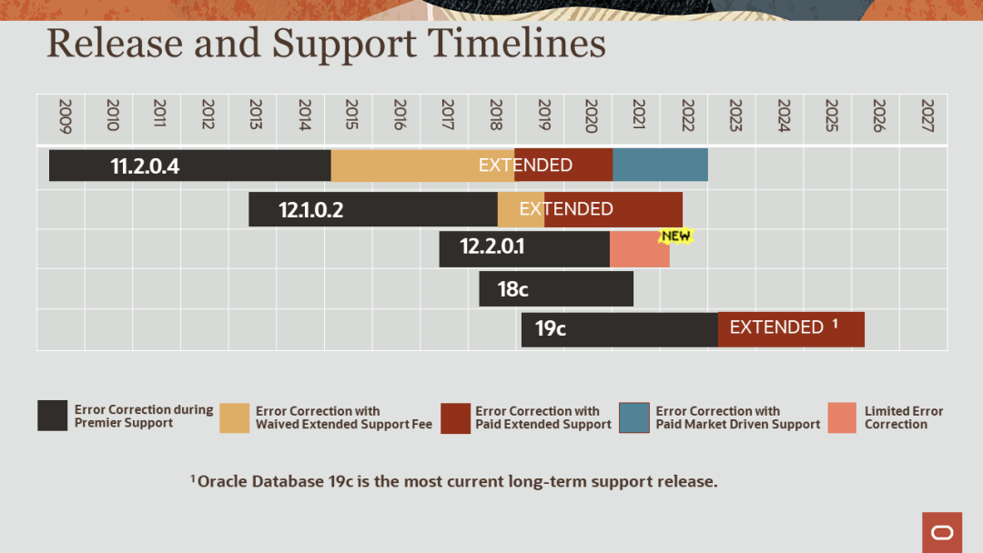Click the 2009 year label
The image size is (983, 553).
pyautogui.click(x=64, y=116)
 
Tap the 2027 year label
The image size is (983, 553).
pyautogui.click(x=927, y=116)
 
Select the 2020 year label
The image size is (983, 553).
pyautogui.click(x=591, y=116)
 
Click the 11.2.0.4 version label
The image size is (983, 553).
pyautogui.click(x=145, y=166)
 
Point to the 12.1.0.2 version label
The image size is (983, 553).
pyautogui.click(x=310, y=210)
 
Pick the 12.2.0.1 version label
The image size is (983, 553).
pyautogui.click(x=491, y=246)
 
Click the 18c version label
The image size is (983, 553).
pyautogui.click(x=512, y=289)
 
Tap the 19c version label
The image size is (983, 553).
pyautogui.click(x=550, y=328)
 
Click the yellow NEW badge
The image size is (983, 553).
pyautogui.click(x=676, y=236)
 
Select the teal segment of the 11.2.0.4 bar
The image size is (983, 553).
pyautogui.click(x=660, y=165)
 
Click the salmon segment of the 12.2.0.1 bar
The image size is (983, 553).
pyautogui.click(x=639, y=249)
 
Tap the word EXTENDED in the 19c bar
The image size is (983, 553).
pyautogui.click(x=776, y=327)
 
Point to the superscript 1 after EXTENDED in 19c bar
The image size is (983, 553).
pyautogui.click(x=835, y=324)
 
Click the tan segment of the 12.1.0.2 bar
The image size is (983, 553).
pyautogui.click(x=521, y=209)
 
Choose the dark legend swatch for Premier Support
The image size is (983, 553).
pyautogui.click(x=53, y=416)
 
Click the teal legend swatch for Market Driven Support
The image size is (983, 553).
pyautogui.click(x=634, y=417)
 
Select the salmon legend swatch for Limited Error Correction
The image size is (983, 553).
pyautogui.click(x=842, y=417)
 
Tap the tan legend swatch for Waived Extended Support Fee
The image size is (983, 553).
pyautogui.click(x=235, y=417)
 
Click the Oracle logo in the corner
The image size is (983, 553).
pyautogui.click(x=942, y=532)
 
